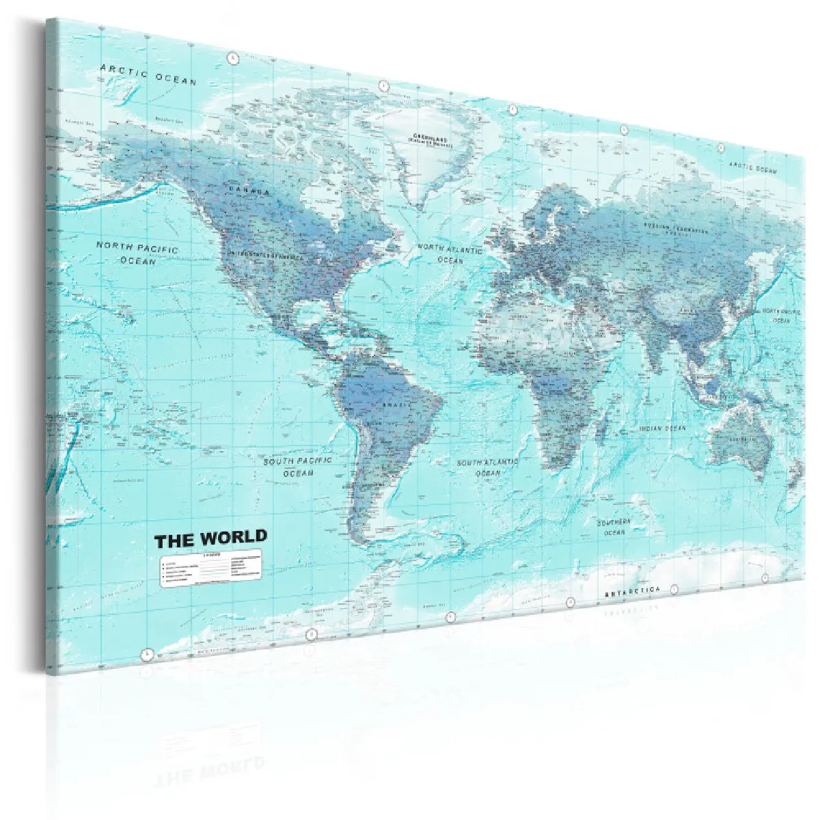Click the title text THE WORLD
tap(210, 539)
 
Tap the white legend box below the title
tap(212, 569)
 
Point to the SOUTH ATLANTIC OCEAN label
tap(488, 467)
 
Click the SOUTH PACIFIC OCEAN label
tap(298, 467)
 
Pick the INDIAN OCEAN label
tap(661, 428)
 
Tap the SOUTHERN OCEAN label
tap(614, 527)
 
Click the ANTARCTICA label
tap(632, 591)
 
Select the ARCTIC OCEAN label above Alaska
tap(148, 74)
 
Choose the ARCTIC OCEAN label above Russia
tap(752, 167)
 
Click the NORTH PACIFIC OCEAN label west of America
tap(137, 253)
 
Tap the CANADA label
tap(249, 191)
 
